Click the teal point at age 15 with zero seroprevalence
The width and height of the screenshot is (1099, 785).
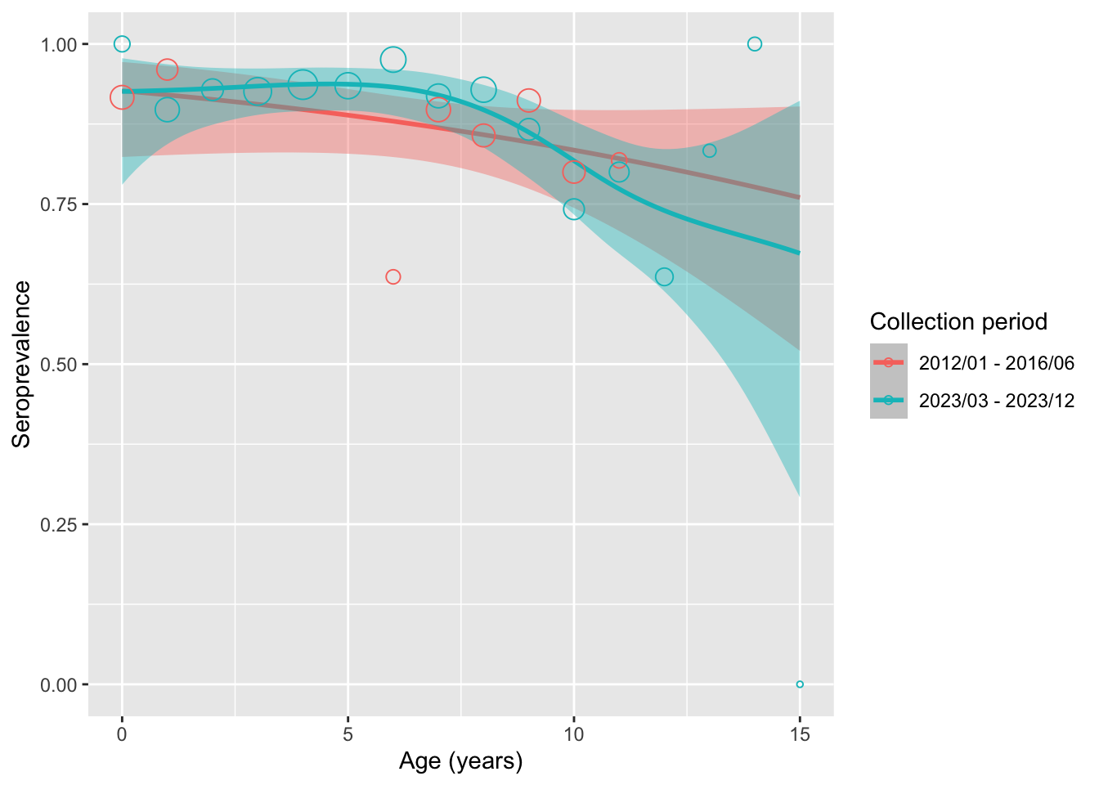click(x=800, y=684)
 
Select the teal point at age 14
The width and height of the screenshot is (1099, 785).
click(x=755, y=43)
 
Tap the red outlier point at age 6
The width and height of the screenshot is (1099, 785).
click(x=393, y=276)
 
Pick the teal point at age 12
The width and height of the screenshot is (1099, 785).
click(x=664, y=276)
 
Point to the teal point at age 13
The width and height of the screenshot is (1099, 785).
click(x=710, y=150)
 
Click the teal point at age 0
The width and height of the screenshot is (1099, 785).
click(x=122, y=43)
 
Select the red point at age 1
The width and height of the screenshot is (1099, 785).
click(x=168, y=70)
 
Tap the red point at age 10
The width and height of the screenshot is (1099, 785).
click(x=573, y=172)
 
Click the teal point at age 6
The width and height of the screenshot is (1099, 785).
click(x=393, y=60)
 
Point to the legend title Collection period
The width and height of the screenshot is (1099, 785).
click(x=958, y=322)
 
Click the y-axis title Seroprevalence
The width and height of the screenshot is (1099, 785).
click(x=22, y=364)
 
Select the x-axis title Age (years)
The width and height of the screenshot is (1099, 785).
click(x=460, y=761)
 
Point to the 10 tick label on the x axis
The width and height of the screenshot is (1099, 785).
click(x=573, y=734)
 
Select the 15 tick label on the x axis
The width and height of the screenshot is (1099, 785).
click(x=800, y=734)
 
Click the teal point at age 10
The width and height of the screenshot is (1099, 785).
click(x=573, y=209)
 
